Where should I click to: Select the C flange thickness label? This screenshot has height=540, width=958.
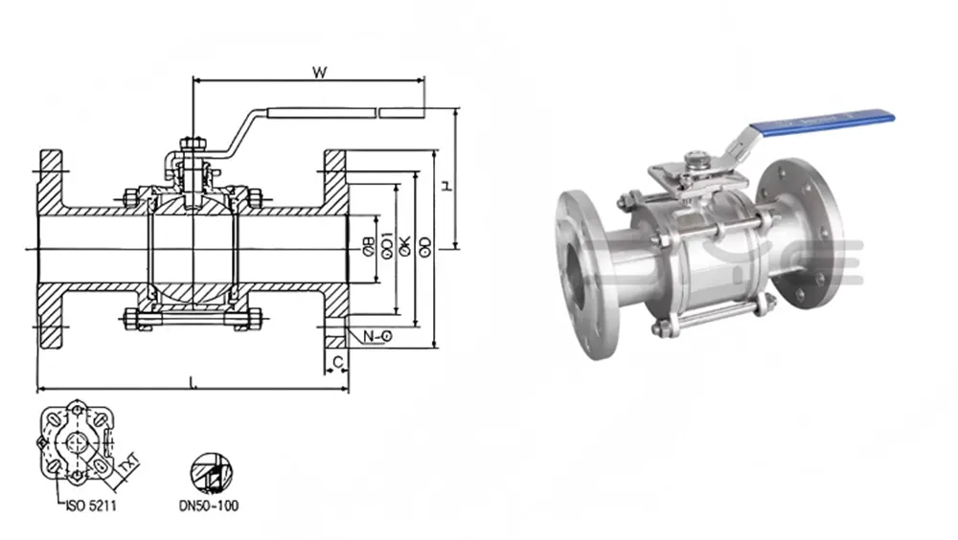click(x=335, y=361)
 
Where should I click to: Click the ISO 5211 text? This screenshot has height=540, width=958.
click(x=87, y=505)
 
